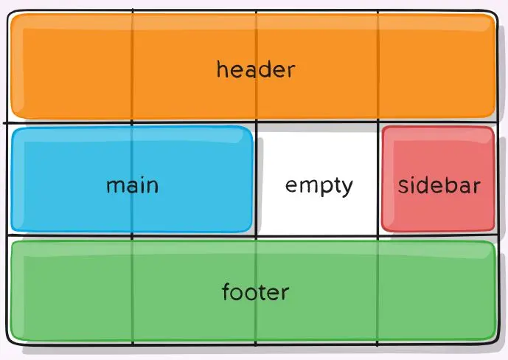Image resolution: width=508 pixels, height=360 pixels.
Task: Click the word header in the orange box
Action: (255, 70)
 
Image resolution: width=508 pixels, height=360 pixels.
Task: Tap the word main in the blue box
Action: (132, 184)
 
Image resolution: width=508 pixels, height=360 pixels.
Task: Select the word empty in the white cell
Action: (319, 186)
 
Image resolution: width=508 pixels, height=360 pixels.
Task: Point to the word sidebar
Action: (439, 184)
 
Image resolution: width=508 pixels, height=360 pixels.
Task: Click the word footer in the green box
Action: (255, 292)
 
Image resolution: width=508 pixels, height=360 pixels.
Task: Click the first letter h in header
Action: (222, 70)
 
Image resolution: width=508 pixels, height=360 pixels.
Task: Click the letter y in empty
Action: (347, 187)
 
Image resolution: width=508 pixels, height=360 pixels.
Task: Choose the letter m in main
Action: (114, 185)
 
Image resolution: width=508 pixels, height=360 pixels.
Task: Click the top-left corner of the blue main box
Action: (13, 129)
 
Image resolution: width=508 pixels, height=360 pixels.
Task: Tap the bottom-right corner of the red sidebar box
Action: (493, 230)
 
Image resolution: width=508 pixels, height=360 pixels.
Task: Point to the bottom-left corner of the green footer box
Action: (12, 339)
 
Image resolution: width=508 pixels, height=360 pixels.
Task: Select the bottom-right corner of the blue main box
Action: (252, 231)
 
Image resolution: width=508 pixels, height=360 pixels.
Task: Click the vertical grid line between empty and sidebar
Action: (378, 184)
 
